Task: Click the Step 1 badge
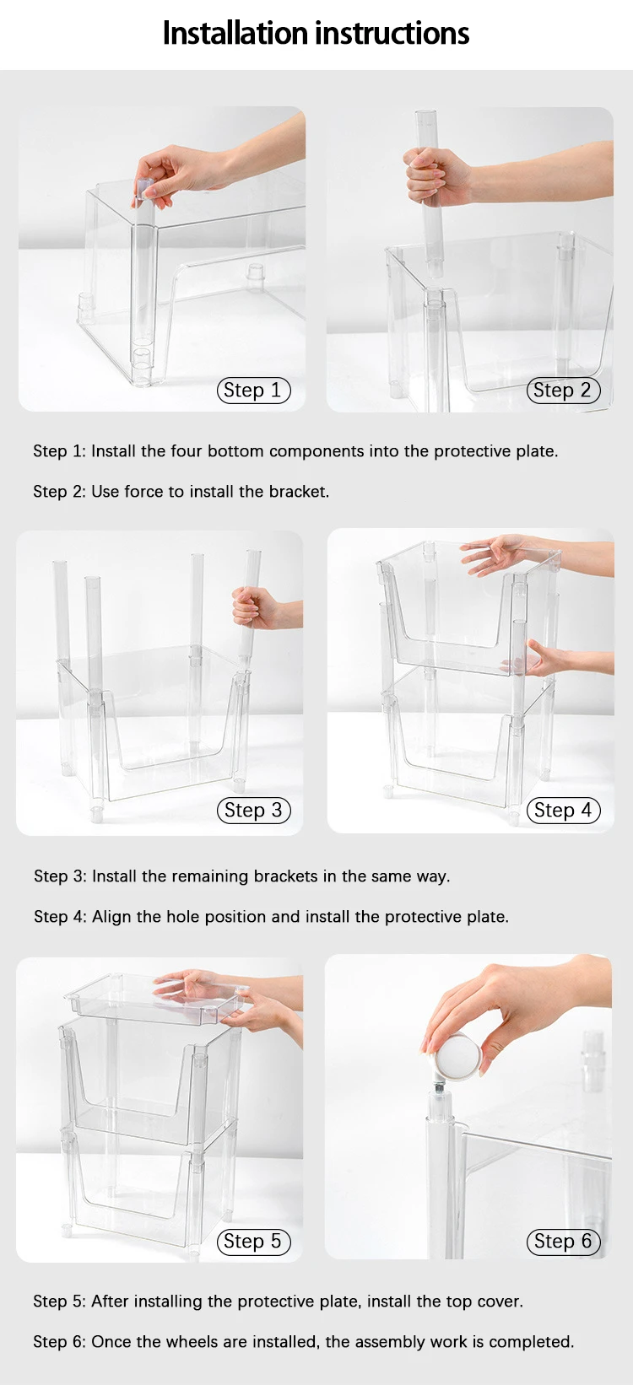click(254, 391)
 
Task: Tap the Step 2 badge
click(563, 391)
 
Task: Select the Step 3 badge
click(254, 810)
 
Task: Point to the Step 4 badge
click(563, 810)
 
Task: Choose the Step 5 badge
click(254, 1241)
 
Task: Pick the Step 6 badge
click(563, 1241)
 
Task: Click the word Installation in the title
click(235, 34)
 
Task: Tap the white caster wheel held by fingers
click(457, 1055)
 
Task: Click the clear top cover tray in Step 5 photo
click(154, 997)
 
